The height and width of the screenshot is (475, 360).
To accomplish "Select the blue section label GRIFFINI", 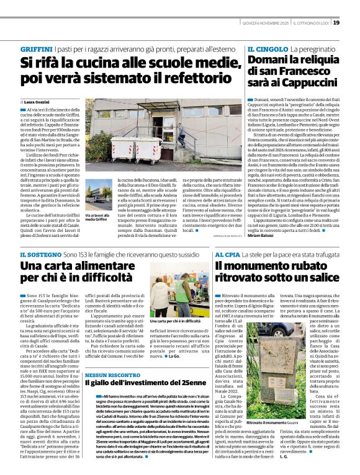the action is pos(37,48).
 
